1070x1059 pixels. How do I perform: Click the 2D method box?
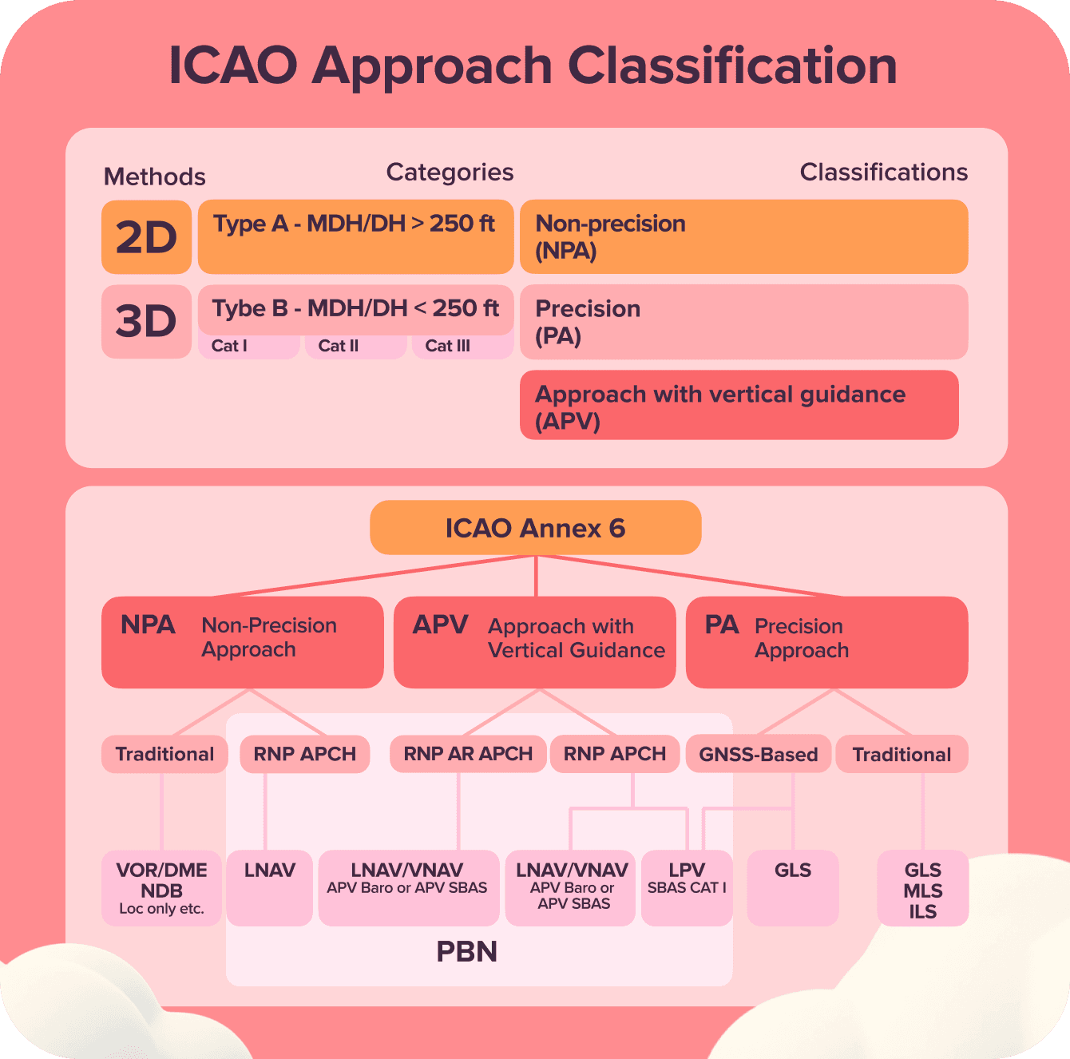click(x=146, y=237)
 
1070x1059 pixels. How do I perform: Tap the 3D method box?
click(x=146, y=321)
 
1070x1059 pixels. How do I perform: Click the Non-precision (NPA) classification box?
click(x=743, y=236)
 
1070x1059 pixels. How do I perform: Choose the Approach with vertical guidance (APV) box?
click(x=739, y=405)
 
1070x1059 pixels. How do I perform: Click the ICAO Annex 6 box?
click(x=535, y=528)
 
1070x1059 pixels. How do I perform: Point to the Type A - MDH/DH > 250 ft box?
click(x=355, y=236)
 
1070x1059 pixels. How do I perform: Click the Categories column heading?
click(x=450, y=173)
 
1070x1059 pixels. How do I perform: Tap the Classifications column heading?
click(x=883, y=173)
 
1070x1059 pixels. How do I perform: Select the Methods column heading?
click(x=155, y=176)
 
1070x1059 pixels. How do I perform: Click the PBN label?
click(x=467, y=952)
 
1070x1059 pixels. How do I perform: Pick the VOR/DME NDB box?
click(x=161, y=888)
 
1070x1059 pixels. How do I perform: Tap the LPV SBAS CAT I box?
click(x=687, y=887)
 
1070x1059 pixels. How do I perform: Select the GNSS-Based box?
click(x=759, y=755)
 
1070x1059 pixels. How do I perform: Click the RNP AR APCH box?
click(x=468, y=754)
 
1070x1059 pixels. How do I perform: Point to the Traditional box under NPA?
click(x=164, y=754)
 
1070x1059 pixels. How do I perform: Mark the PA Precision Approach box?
click(x=826, y=642)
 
